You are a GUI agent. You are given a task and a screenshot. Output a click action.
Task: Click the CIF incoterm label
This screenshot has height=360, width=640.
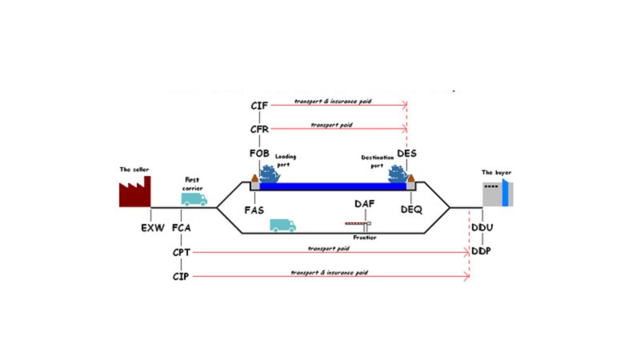259,105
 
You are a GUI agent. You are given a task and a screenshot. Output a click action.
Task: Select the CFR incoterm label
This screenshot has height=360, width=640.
259,129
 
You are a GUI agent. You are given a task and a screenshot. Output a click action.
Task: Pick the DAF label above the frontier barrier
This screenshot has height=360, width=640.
365,205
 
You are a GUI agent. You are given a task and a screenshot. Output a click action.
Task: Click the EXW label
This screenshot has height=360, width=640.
153,229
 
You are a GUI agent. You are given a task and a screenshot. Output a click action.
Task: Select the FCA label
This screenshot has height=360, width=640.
182,229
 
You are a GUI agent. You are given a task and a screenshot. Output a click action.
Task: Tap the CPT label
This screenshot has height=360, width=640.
182,253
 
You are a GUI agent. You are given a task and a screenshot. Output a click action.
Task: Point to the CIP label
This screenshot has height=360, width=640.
181,277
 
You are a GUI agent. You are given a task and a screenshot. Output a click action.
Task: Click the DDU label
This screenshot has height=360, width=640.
482,229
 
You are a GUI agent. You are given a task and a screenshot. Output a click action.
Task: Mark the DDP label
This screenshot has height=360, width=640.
482,251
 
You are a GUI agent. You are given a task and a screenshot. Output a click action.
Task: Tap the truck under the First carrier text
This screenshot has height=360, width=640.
194,199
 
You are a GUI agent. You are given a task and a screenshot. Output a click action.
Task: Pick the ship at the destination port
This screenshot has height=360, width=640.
398,173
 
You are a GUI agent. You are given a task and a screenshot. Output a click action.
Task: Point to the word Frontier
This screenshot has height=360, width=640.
364,238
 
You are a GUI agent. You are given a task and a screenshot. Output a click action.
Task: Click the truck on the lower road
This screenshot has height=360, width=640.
282,226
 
